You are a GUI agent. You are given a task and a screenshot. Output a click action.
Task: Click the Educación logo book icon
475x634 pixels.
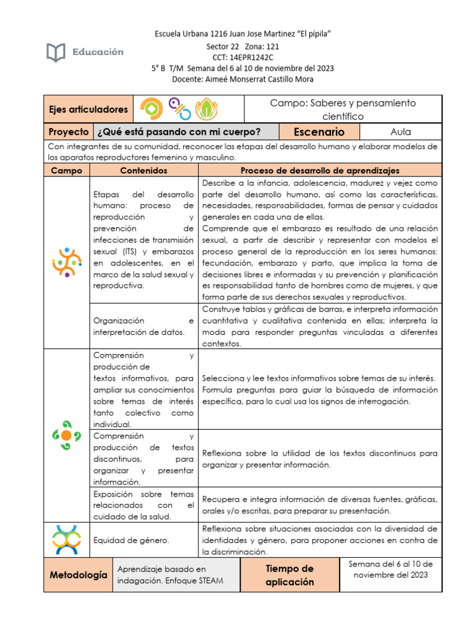tap(56, 53)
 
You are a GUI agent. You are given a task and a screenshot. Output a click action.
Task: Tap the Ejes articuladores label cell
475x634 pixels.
tap(88, 110)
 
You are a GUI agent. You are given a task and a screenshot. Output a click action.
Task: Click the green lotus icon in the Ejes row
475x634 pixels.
tap(207, 110)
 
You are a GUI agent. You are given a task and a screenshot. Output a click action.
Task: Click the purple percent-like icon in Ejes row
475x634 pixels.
tap(180, 109)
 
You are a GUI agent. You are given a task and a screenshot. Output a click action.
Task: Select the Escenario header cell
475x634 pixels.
tap(319, 132)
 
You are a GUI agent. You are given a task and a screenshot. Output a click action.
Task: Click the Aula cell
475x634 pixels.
tap(400, 132)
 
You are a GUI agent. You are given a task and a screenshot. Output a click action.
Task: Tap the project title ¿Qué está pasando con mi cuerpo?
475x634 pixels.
tap(179, 132)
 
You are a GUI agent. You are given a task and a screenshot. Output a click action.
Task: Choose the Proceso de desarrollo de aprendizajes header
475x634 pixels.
tap(320, 170)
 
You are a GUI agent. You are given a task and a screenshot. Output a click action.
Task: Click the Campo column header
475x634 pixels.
tap(66, 170)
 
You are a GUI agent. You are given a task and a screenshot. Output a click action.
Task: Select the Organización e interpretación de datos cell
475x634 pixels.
tap(143, 326)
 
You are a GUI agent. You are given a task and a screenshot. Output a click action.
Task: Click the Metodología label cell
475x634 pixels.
tap(78, 575)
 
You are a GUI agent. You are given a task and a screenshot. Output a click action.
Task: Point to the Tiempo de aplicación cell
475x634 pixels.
tap(289, 575)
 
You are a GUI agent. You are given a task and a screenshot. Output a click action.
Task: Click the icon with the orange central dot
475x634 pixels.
tap(66, 435)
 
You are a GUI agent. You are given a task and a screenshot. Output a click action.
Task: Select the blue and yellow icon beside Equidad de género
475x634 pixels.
tap(66, 539)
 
